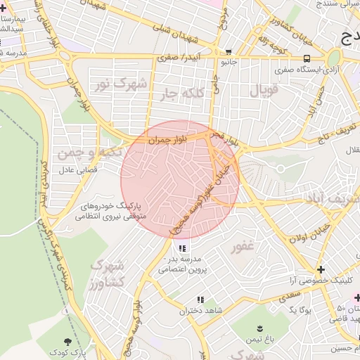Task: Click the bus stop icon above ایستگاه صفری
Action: pyautogui.click(x=306, y=59)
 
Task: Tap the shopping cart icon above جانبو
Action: pyautogui.click(x=229, y=52)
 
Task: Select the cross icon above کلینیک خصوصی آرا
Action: pyautogui.click(x=321, y=269)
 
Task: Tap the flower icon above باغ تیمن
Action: pyautogui.click(x=261, y=328)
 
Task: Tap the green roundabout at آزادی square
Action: pyautogui.click(x=334, y=58)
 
